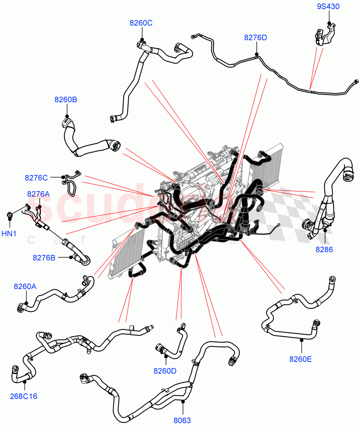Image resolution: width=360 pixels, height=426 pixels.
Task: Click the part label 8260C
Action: click(x=141, y=23)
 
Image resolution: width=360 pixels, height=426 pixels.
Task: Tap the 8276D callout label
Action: click(x=255, y=37)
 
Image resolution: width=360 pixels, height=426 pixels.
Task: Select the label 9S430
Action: click(x=328, y=6)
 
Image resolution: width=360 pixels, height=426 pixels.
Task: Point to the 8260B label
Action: click(x=66, y=100)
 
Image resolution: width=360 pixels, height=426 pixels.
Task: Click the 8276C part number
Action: click(x=36, y=177)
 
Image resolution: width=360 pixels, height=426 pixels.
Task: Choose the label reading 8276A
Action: click(x=38, y=194)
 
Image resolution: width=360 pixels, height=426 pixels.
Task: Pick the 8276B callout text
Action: click(x=44, y=258)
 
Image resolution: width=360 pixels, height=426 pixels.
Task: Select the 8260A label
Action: click(x=25, y=286)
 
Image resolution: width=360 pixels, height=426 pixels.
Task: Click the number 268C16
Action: click(x=24, y=396)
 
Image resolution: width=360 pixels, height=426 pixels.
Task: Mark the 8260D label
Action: click(x=165, y=371)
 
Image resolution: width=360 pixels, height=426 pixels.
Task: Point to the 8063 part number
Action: click(x=182, y=421)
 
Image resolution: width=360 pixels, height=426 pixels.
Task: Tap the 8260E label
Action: click(x=301, y=359)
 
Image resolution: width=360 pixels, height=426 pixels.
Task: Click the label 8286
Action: click(x=324, y=250)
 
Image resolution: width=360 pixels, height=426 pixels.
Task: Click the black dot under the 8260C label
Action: click(x=142, y=39)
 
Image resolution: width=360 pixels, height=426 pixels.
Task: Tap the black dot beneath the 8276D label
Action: click(x=256, y=54)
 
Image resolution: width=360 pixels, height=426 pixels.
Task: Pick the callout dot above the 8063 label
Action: click(x=182, y=402)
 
